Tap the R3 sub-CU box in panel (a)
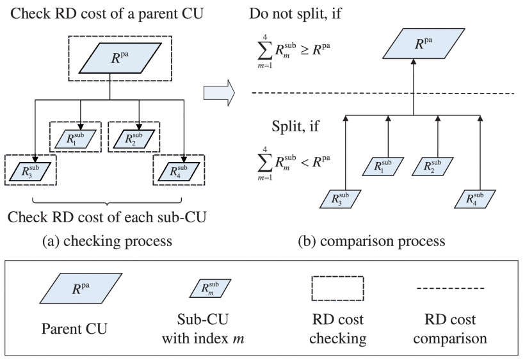[29, 171]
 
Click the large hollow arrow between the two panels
[218, 94]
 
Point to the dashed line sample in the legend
[450, 289]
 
